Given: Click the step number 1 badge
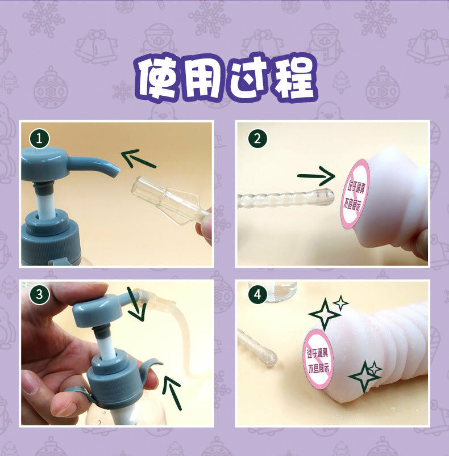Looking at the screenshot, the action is tap(39, 138).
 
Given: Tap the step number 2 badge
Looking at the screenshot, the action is tap(257, 138).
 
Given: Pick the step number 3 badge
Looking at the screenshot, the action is tap(39, 294).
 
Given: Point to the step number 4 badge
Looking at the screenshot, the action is tap(257, 294).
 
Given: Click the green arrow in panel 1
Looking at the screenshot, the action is tap(139, 159).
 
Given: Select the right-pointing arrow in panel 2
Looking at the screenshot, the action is tap(317, 176).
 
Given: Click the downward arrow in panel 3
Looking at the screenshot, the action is tap(136, 304).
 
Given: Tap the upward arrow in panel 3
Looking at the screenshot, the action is tap(172, 393).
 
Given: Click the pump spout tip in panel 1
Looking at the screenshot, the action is tap(116, 172).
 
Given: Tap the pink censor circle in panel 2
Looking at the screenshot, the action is tap(355, 193).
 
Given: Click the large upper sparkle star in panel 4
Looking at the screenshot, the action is tap(325, 314).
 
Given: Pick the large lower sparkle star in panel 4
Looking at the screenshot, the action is tap(364, 377).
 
